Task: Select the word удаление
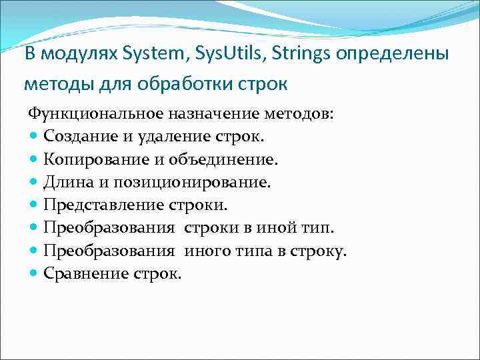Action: click(163, 137)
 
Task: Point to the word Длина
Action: click(67, 182)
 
